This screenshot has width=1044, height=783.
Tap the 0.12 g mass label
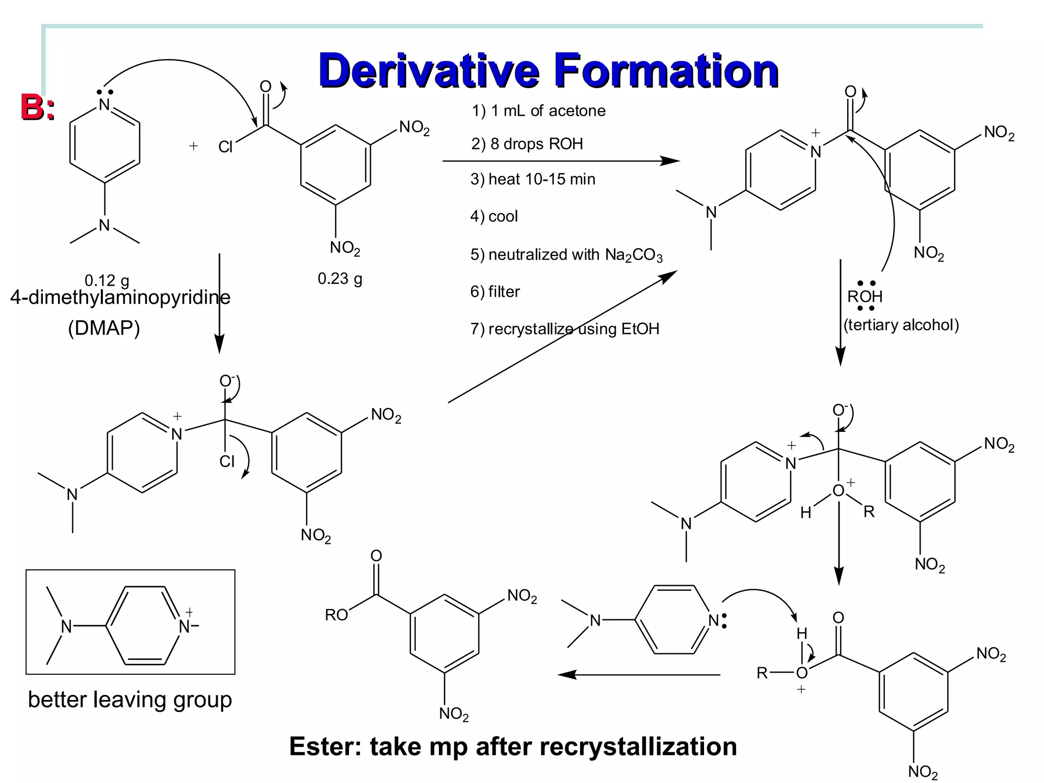click(x=107, y=280)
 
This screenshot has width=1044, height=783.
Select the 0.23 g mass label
click(x=340, y=278)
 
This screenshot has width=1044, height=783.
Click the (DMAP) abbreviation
click(x=104, y=328)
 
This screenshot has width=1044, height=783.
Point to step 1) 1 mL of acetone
click(x=538, y=111)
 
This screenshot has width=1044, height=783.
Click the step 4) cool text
click(x=493, y=216)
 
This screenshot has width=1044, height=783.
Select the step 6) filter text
click(x=494, y=292)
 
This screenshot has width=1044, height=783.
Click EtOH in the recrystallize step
click(x=640, y=329)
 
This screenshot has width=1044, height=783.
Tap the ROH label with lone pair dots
click(x=865, y=296)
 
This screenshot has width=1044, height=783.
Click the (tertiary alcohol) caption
click(x=901, y=325)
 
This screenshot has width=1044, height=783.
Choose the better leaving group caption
click(x=129, y=699)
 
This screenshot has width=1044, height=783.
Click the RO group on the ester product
click(x=336, y=615)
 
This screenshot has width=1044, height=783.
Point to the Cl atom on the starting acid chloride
click(x=225, y=147)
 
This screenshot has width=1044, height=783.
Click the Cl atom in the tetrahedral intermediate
click(x=227, y=461)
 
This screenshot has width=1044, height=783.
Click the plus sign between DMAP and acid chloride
click(x=193, y=146)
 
